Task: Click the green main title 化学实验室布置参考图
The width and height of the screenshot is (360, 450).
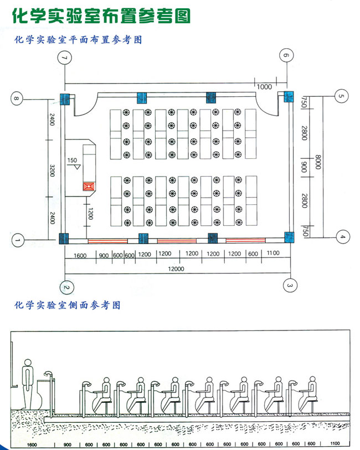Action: (x=101, y=15)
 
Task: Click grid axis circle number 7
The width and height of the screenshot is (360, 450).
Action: (x=66, y=57)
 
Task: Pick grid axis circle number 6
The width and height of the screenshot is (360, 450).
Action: (x=286, y=55)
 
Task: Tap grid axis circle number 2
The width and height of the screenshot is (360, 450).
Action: (x=66, y=287)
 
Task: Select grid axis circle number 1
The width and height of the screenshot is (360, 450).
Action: (x=18, y=240)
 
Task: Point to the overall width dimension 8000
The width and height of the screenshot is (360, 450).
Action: (x=318, y=164)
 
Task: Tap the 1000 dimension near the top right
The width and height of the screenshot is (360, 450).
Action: (x=264, y=87)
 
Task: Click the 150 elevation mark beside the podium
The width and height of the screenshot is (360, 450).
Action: (x=73, y=161)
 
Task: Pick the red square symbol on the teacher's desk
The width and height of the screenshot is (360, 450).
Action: (x=88, y=187)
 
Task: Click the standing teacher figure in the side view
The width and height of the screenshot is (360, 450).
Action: (x=29, y=387)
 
